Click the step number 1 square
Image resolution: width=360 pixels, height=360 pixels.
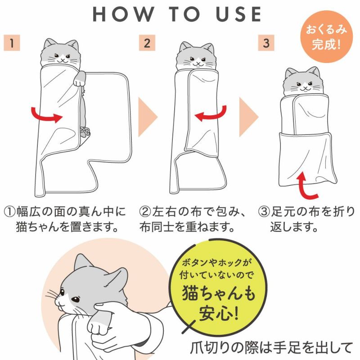pos(12,43)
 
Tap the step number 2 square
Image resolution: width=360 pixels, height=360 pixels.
pos(147,43)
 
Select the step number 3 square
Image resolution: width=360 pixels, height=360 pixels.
pos(266,43)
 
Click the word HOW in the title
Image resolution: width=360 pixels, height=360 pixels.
pos(123,14)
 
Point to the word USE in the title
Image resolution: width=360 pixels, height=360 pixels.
pos(238,14)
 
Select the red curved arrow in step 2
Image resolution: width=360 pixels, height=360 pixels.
pos(211,114)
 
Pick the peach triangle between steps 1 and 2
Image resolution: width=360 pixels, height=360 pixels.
pos(147,117)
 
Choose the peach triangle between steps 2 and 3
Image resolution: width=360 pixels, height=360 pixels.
pos(248,117)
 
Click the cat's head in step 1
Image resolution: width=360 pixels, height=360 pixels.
pos(61,53)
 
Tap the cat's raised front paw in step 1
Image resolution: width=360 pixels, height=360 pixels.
pos(79,78)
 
